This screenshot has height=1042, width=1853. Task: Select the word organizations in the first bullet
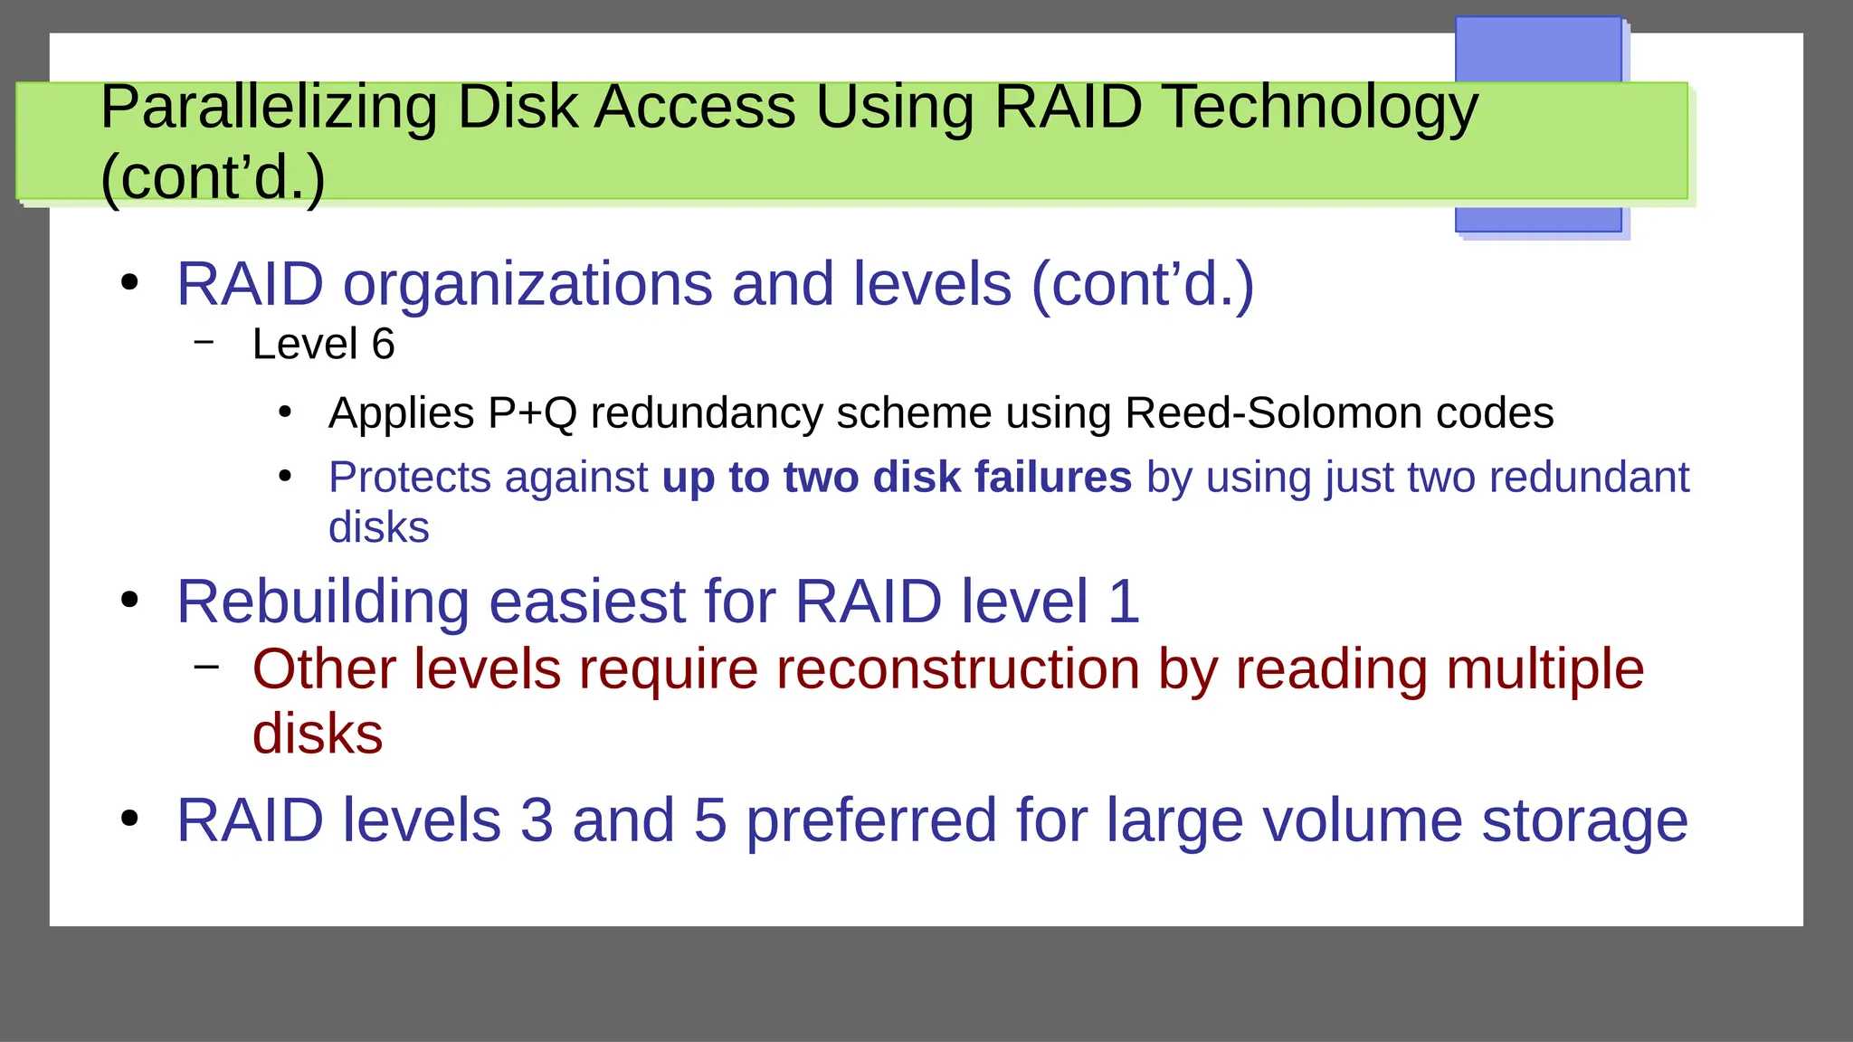coord(527,285)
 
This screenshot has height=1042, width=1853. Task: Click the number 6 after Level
coord(384,345)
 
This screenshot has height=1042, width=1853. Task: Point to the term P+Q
coord(532,413)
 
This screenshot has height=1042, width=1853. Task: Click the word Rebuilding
coord(323,602)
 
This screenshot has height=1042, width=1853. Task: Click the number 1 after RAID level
coord(1123,602)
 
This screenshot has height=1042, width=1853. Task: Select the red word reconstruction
coord(958,670)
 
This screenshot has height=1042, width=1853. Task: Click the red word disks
coord(318,734)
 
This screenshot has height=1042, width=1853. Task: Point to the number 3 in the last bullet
coord(537,821)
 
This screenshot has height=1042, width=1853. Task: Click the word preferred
coord(871,821)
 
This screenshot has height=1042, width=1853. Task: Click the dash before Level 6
coord(204,342)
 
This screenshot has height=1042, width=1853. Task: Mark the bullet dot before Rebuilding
coord(130,600)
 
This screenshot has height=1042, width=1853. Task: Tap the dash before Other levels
coord(206,668)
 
